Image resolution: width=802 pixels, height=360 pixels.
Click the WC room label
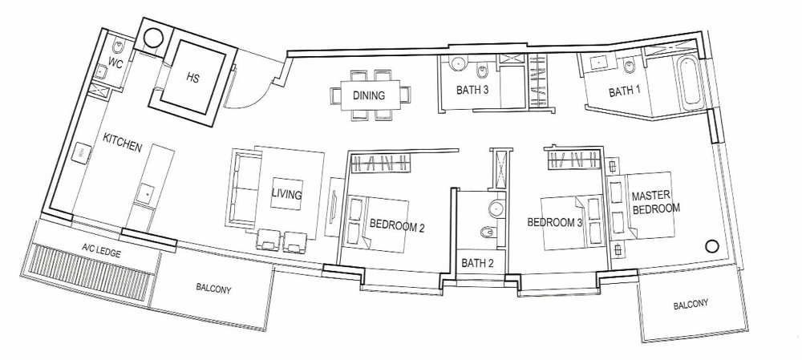[114, 63]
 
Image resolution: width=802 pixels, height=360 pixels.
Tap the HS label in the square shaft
[192, 79]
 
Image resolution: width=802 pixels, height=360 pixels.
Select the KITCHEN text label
[122, 143]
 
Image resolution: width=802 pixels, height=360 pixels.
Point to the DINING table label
[369, 95]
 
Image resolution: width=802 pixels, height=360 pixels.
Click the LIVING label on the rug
[287, 194]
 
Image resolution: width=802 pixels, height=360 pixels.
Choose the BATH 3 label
[472, 91]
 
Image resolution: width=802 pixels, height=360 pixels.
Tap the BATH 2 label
[477, 263]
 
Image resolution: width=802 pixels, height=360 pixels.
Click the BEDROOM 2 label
[398, 225]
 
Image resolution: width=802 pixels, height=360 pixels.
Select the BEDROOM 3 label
[555, 222]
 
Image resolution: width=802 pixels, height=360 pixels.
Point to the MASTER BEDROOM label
[655, 202]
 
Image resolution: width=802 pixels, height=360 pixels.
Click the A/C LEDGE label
[101, 251]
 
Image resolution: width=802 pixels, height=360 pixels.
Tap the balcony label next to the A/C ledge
[213, 289]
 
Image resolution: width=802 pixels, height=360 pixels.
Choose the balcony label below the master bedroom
[691, 305]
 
